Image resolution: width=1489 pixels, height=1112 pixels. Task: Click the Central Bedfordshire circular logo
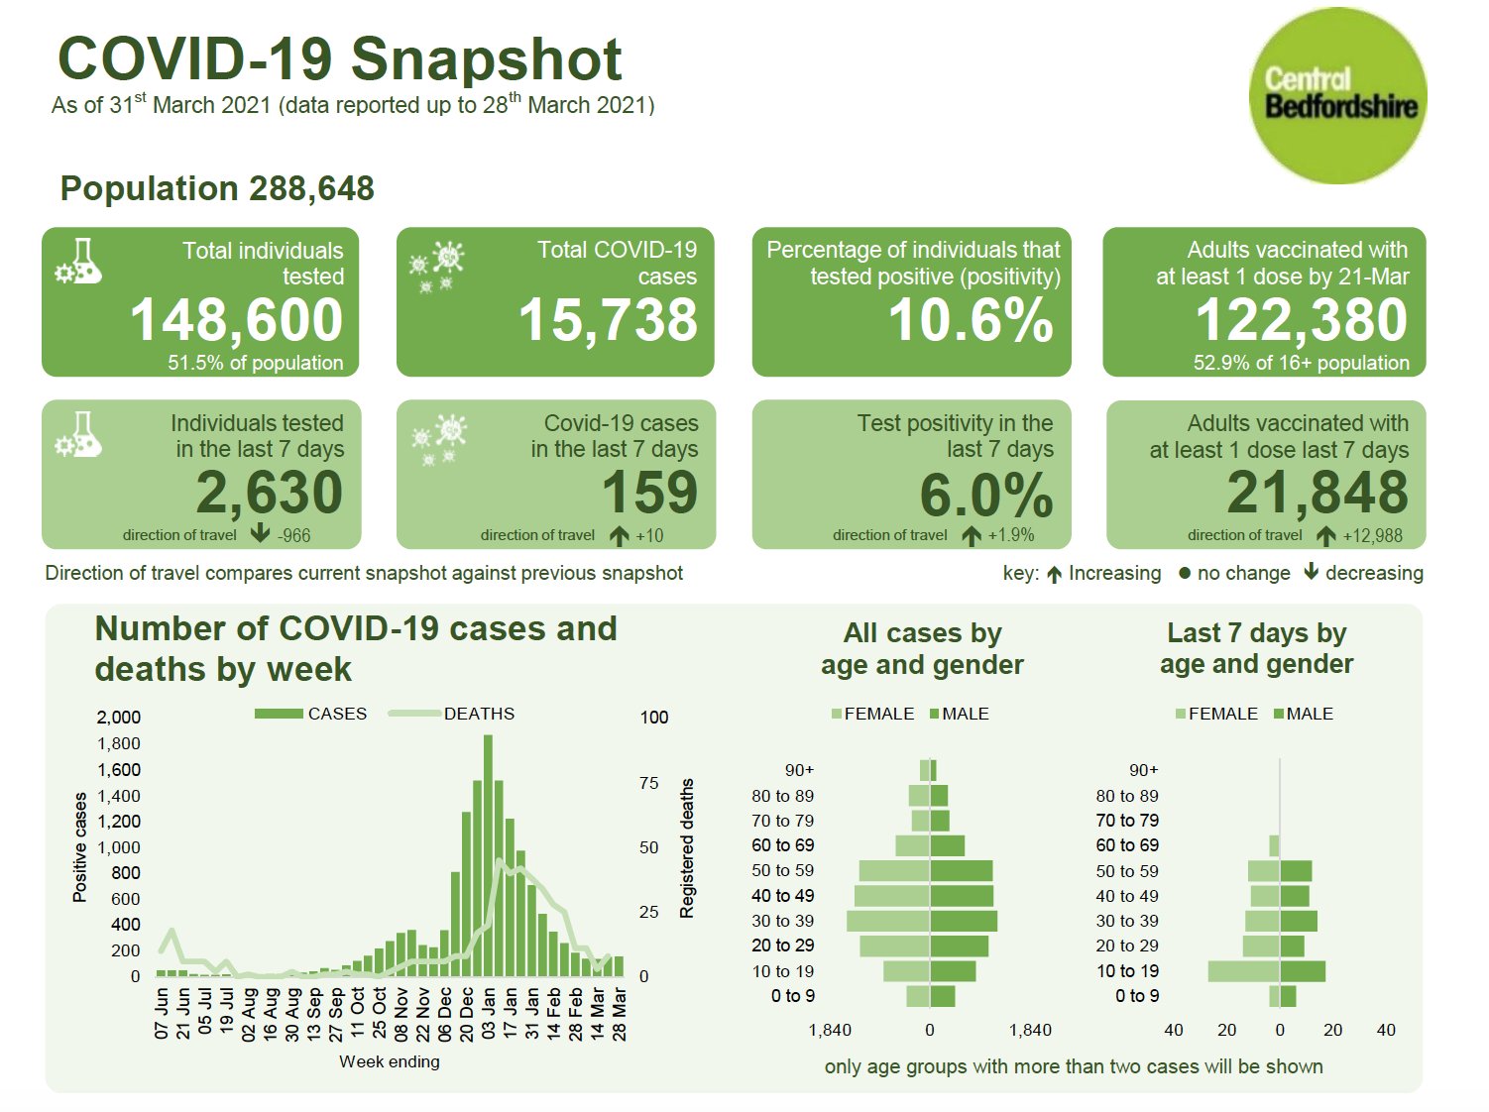1338,96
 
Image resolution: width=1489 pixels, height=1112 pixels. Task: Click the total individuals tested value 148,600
236,320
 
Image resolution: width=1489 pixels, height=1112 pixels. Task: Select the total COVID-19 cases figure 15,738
608,320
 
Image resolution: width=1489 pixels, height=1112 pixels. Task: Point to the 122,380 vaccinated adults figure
1301,320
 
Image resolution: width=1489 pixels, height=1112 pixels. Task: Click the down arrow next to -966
260,534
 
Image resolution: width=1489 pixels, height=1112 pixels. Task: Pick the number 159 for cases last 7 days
649,493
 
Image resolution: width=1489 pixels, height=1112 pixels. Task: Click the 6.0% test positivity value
985,495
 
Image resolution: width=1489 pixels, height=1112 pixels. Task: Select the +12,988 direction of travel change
1372,536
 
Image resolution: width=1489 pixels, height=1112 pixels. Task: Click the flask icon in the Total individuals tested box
79,263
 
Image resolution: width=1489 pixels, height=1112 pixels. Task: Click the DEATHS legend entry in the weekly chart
478,714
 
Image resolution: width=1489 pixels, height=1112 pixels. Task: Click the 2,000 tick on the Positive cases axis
119,718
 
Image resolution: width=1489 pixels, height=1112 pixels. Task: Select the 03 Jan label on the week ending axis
489,1012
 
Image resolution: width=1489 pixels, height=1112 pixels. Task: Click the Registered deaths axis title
686,847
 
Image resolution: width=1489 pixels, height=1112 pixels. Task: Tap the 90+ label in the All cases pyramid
799,770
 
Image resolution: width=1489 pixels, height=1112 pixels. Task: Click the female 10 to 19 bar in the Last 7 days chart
1243,971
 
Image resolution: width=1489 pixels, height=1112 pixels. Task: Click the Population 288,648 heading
217,188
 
